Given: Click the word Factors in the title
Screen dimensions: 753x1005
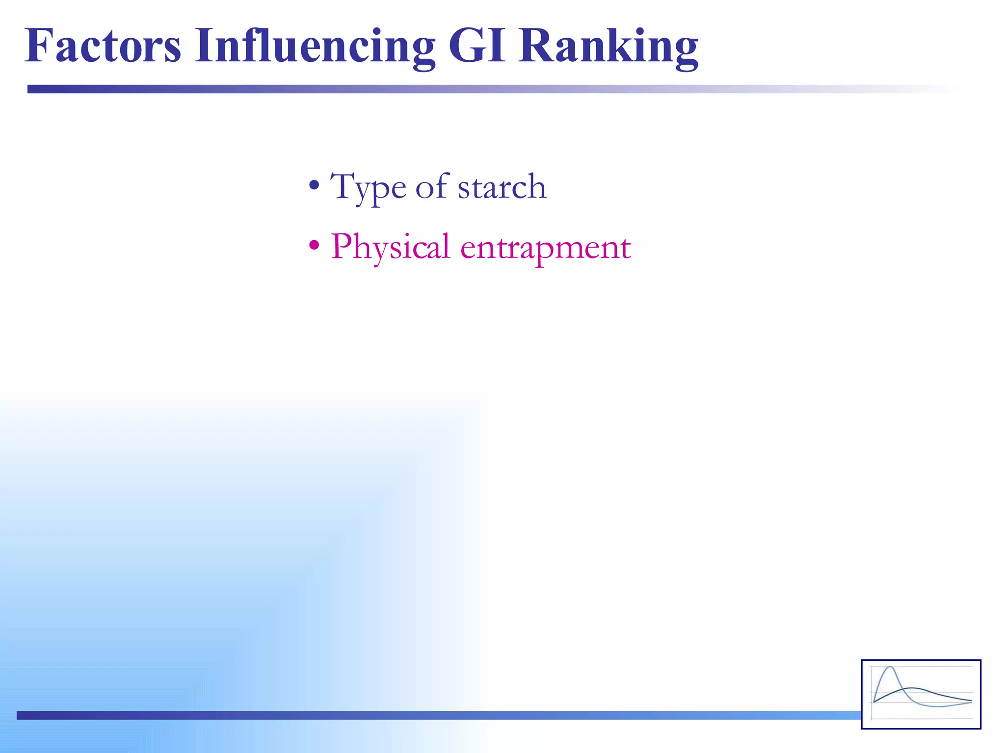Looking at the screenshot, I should tap(103, 47).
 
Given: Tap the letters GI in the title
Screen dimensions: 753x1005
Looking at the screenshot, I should tap(476, 47).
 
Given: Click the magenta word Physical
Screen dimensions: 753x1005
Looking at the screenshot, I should tap(390, 248).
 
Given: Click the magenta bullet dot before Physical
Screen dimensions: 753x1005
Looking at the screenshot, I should tap(314, 245).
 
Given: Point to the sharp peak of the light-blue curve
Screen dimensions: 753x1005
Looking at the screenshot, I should tap(890, 667).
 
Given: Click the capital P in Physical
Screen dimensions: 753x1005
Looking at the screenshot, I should tap(342, 246).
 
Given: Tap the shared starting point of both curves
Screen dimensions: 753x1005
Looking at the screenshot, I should tap(874, 702).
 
